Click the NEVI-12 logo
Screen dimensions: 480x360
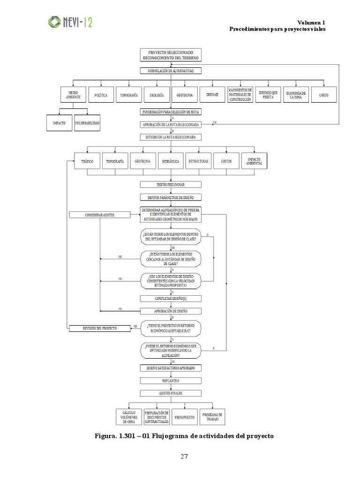(x=70, y=22)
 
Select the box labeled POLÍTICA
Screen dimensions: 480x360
(x=101, y=95)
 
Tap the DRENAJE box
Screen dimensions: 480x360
(x=212, y=95)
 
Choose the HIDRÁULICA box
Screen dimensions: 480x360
(x=171, y=161)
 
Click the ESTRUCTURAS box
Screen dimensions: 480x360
(x=199, y=161)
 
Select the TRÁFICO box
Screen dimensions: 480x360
(x=87, y=161)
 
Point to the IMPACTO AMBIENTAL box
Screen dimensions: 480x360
(x=254, y=161)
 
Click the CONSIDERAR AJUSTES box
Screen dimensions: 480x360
(x=99, y=215)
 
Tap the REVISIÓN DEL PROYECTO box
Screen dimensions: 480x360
(x=99, y=329)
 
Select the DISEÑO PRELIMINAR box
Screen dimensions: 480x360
(x=171, y=185)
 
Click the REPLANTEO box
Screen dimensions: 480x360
(x=171, y=381)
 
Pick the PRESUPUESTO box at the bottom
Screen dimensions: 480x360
(x=185, y=416)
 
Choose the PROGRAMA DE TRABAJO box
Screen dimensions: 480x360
(x=212, y=416)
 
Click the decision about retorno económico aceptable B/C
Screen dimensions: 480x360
(x=171, y=328)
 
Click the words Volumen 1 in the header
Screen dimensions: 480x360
(x=311, y=22)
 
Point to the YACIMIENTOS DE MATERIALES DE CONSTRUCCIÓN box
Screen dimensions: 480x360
(x=240, y=95)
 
